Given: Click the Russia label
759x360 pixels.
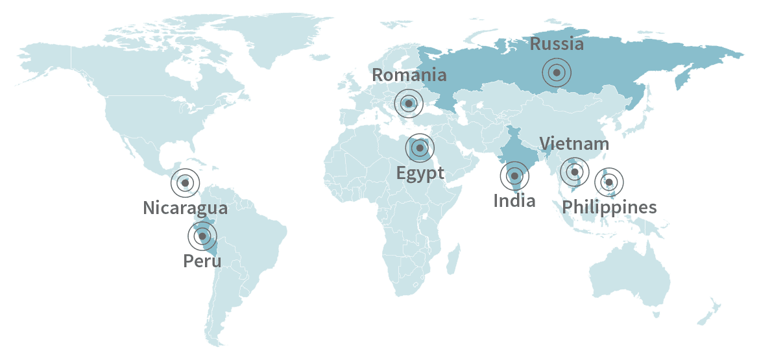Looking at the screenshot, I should (557, 44).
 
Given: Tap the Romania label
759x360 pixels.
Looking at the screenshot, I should (409, 75).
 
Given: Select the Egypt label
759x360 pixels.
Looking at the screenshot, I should (420, 173).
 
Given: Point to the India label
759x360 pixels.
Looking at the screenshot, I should (514, 200).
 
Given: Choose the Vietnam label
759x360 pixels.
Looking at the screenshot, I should (574, 143).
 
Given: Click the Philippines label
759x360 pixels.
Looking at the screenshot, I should (609, 207).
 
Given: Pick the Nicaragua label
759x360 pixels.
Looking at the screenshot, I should (185, 208).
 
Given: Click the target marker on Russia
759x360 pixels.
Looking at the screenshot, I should (557, 73).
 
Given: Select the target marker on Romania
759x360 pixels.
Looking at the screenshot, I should (409, 103).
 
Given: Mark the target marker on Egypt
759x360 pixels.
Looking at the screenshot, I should (420, 149).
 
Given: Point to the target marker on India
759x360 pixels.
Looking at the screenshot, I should (514, 175).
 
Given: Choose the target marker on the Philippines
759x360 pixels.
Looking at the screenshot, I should (608, 182).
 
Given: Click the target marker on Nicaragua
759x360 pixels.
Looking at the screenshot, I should (186, 184).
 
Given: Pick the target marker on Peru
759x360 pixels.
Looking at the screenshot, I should (202, 236).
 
